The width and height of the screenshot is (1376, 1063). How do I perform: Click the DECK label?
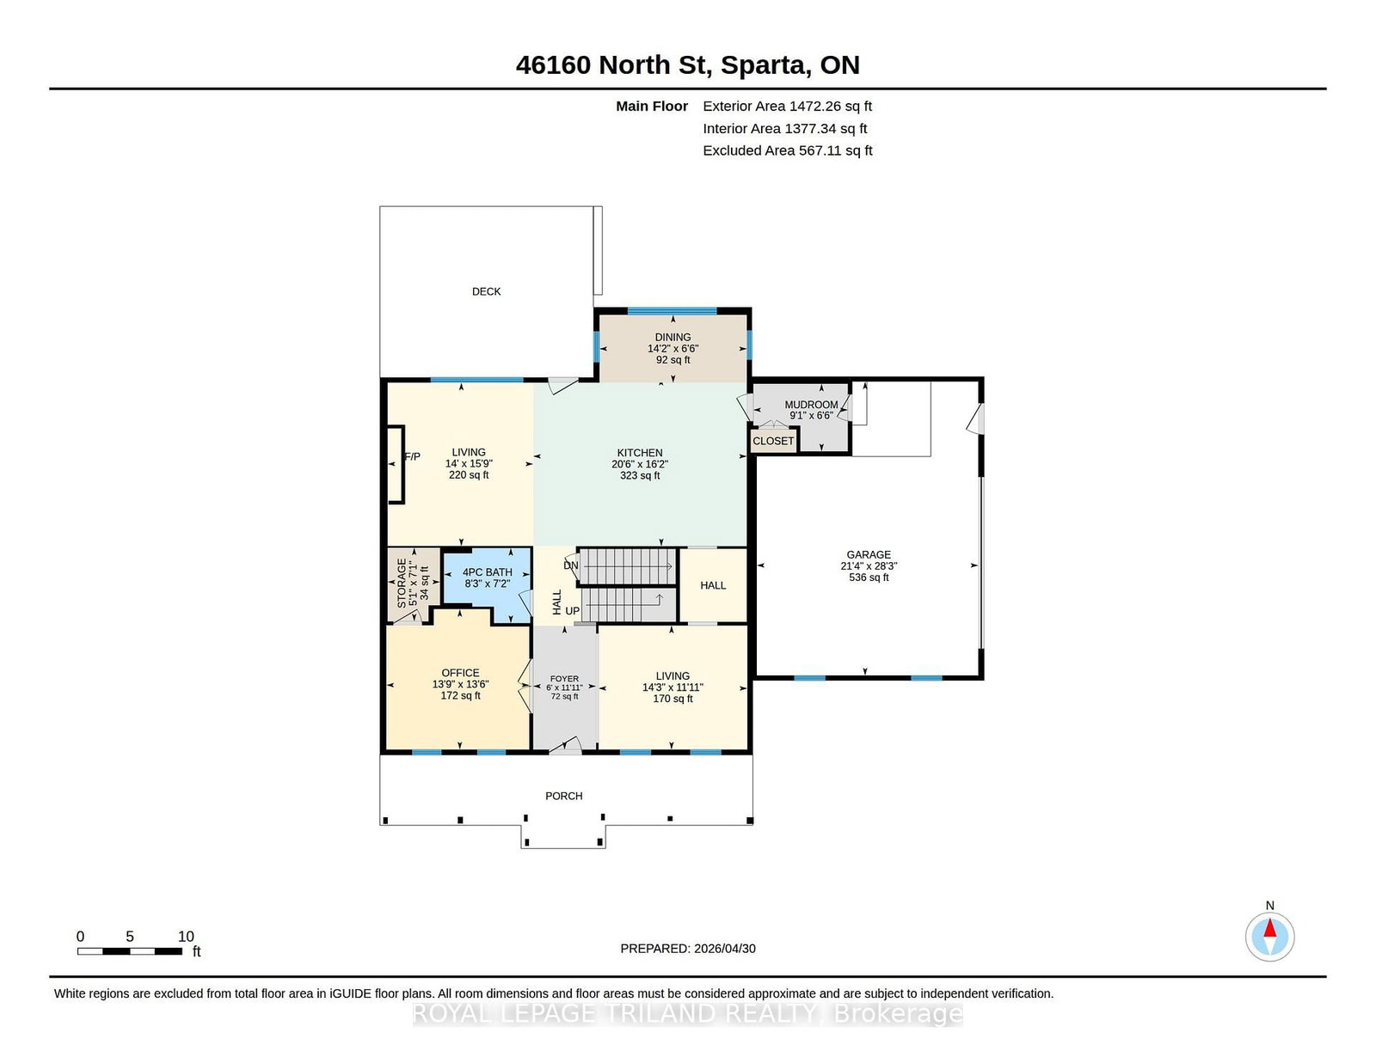click(486, 291)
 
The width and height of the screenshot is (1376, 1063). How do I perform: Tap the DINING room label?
click(673, 337)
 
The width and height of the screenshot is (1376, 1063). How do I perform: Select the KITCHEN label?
click(640, 453)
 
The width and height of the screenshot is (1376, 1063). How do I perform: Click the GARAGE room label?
click(869, 555)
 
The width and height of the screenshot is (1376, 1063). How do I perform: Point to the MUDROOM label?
click(811, 405)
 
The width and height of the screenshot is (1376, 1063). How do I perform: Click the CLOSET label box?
click(773, 441)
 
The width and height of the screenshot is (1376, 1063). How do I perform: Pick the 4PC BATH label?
click(487, 572)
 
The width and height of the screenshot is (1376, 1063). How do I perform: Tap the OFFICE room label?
click(460, 673)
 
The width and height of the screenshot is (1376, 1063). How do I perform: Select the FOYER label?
click(564, 679)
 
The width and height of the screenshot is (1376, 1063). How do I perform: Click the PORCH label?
click(563, 796)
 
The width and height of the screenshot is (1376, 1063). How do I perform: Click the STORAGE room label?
click(402, 583)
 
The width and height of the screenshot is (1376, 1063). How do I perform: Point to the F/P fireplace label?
click(412, 457)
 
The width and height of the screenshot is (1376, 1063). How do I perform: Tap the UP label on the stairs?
click(573, 611)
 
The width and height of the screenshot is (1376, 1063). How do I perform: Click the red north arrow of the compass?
click(1269, 928)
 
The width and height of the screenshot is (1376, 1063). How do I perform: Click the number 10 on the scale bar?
click(186, 937)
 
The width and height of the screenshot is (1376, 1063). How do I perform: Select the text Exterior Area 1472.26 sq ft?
click(787, 107)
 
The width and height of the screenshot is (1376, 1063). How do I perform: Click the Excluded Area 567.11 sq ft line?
click(788, 150)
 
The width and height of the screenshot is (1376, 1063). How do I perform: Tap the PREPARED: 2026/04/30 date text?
click(688, 949)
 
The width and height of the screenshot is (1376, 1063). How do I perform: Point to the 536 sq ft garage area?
click(869, 577)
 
